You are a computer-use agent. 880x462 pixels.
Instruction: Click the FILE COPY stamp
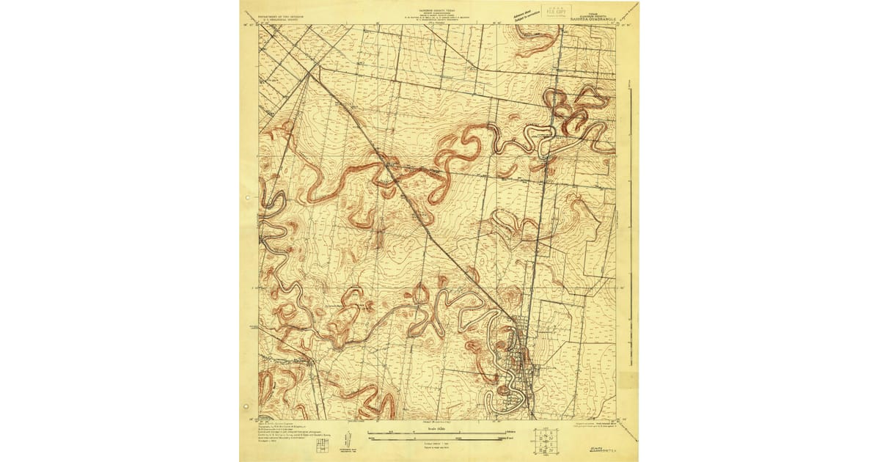(555, 11)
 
